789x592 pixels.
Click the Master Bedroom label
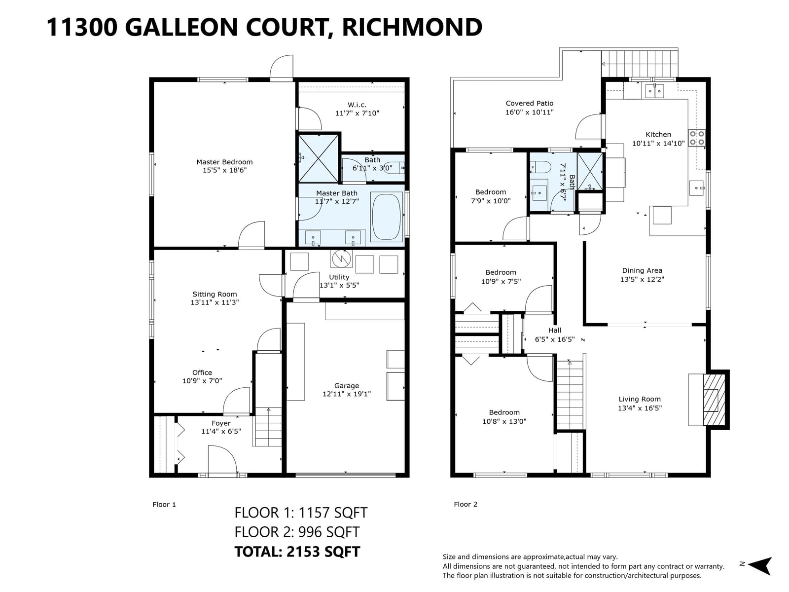point(224,162)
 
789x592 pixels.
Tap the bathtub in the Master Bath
point(387,217)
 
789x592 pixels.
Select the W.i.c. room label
point(357,105)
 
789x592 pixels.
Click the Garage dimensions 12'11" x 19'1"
point(347,394)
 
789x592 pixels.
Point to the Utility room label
point(339,277)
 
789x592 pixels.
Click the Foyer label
point(221,423)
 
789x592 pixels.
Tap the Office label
point(202,373)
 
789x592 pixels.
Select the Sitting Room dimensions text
point(215,302)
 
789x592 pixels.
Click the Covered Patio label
point(530,104)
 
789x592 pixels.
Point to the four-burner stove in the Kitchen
point(697,138)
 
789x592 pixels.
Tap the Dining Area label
point(642,271)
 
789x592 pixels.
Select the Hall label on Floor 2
point(555,331)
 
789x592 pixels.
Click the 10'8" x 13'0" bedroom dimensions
point(504,421)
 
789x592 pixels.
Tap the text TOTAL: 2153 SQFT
point(297,552)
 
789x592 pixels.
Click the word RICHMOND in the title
point(412,27)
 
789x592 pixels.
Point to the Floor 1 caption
point(164,505)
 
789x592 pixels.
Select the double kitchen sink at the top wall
point(654,91)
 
